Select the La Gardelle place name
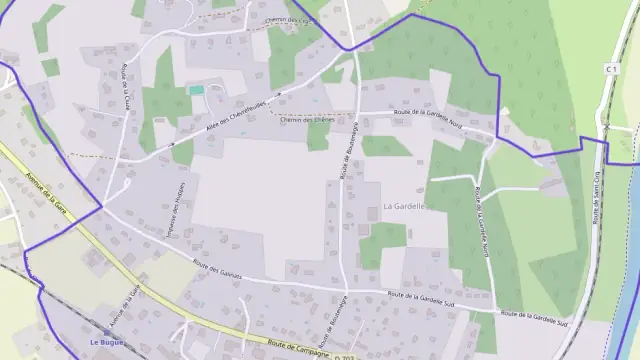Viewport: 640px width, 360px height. pos(404,207)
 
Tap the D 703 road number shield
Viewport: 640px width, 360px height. pos(345,357)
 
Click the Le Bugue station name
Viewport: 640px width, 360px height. pos(106,342)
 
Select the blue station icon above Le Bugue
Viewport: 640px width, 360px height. pos(106,331)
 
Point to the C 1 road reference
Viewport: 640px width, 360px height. pos(611,67)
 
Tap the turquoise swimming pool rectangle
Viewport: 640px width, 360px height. pos(196,90)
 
